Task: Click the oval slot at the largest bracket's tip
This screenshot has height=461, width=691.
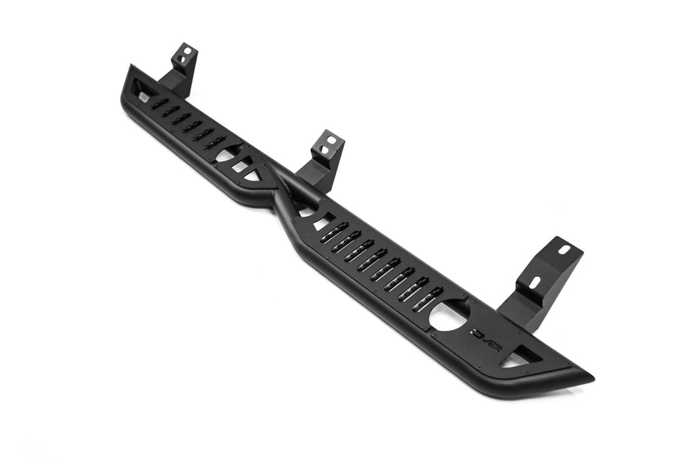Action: click(565, 250)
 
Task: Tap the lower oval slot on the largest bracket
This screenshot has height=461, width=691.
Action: click(535, 282)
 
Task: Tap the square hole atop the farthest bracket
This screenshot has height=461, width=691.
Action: click(186, 51)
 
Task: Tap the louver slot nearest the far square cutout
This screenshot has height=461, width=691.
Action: click(159, 103)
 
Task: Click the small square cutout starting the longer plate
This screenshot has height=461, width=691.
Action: click(321, 224)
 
